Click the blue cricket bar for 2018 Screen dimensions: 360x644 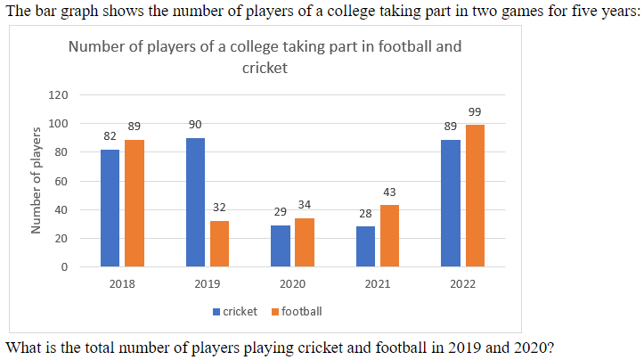pyautogui.click(x=110, y=208)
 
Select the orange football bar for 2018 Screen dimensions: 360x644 pyautogui.click(x=134, y=203)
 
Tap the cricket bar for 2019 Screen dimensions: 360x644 pyautogui.click(x=195, y=202)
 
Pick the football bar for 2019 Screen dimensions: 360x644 pyautogui.click(x=219, y=243)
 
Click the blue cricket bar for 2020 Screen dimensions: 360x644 pyautogui.click(x=281, y=246)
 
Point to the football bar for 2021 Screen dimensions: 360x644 pyautogui.click(x=389, y=236)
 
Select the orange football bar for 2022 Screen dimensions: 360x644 pyautogui.click(x=475, y=195)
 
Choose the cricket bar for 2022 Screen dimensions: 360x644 pyautogui.click(x=451, y=203)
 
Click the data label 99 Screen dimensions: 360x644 pyautogui.click(x=475, y=111)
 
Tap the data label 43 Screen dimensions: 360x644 pyautogui.click(x=389, y=192)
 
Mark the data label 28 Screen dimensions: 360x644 pyautogui.click(x=365, y=214)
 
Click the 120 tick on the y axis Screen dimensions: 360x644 pyautogui.click(x=59, y=94)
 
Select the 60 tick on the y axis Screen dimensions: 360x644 pyautogui.click(x=61, y=181)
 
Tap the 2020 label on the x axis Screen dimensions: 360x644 pyautogui.click(x=292, y=284)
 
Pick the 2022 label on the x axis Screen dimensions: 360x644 pyautogui.click(x=462, y=284)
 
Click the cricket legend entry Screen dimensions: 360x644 pyautogui.click(x=234, y=311)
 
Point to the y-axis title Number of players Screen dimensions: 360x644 pyautogui.click(x=37, y=181)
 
